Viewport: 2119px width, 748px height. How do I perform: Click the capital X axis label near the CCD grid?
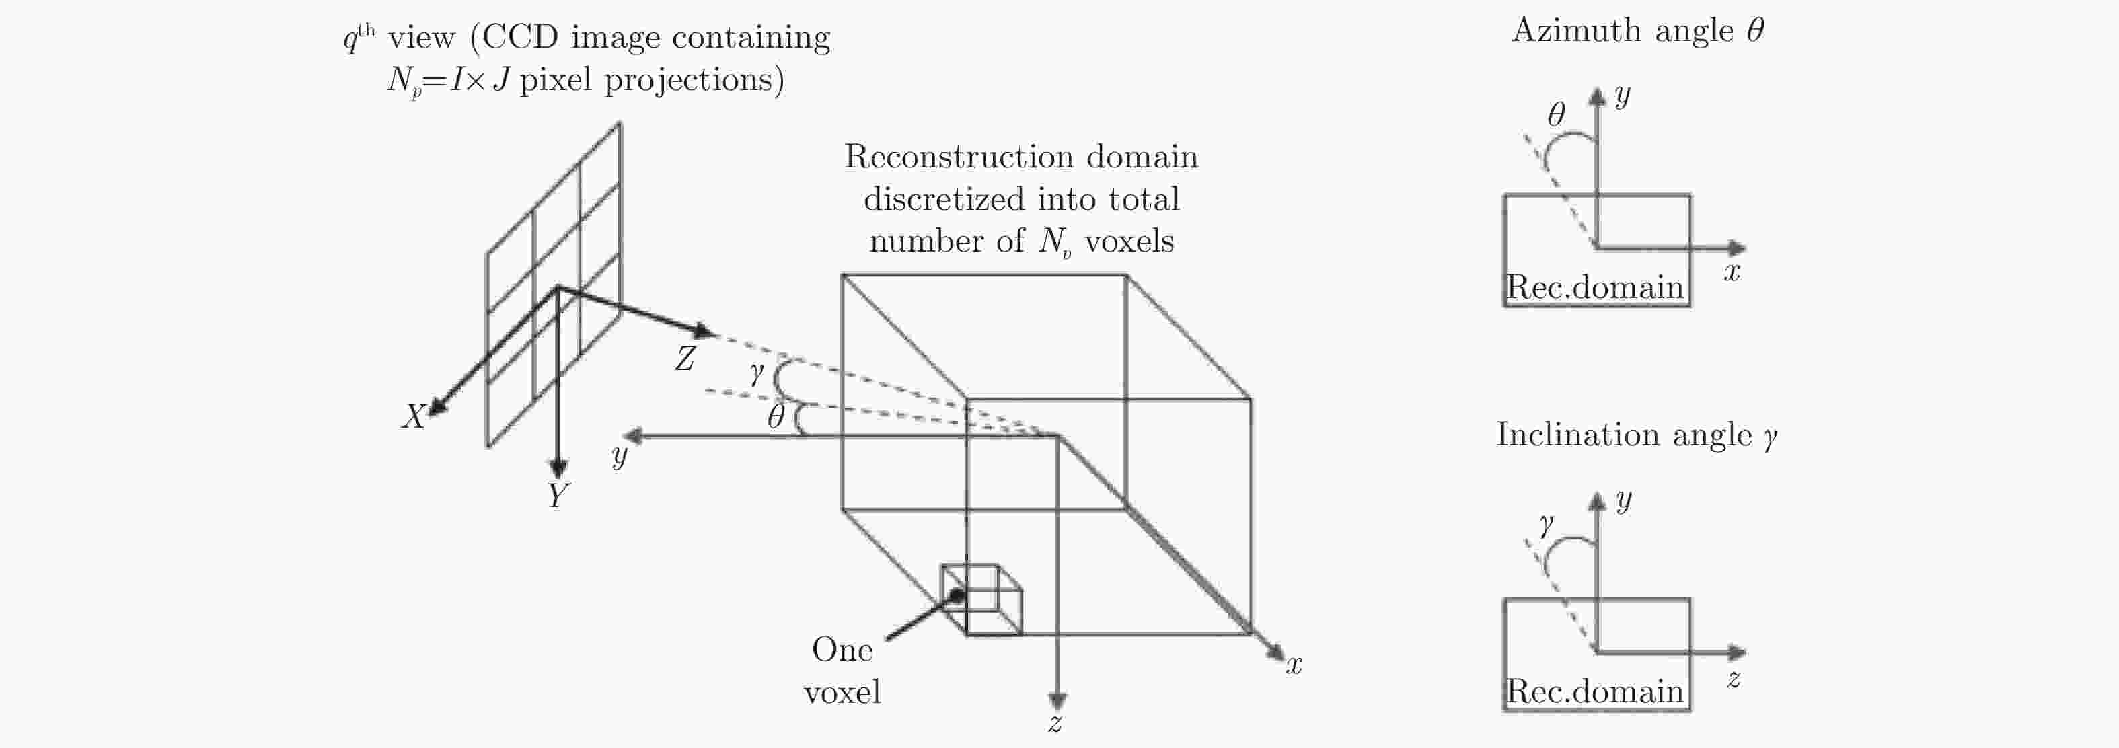pos(413,416)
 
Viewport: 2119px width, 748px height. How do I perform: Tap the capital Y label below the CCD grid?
pos(558,495)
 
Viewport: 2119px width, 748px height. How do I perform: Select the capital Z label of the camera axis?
pos(684,359)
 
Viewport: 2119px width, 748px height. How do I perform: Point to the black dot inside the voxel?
pos(957,594)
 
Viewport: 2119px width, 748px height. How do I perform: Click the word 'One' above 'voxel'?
pos(842,650)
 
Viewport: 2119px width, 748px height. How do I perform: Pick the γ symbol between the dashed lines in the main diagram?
pos(757,375)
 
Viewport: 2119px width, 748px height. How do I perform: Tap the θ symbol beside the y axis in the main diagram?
pos(776,417)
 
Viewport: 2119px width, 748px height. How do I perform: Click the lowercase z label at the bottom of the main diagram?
pos(1055,723)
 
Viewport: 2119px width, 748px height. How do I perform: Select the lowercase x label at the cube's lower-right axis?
pos(1294,665)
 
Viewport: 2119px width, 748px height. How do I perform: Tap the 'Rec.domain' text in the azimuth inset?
pos(1594,287)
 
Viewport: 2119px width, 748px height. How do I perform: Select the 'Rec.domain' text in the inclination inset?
pos(1594,691)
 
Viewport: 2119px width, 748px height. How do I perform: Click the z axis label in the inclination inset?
pos(1733,679)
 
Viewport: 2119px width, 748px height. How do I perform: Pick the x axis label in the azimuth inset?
pos(1732,272)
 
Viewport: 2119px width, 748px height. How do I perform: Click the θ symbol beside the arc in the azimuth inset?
pos(1555,114)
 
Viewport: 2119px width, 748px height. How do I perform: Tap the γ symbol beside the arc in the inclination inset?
pos(1547,523)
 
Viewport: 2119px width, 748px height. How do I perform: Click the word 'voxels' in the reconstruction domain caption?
pos(1129,241)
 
